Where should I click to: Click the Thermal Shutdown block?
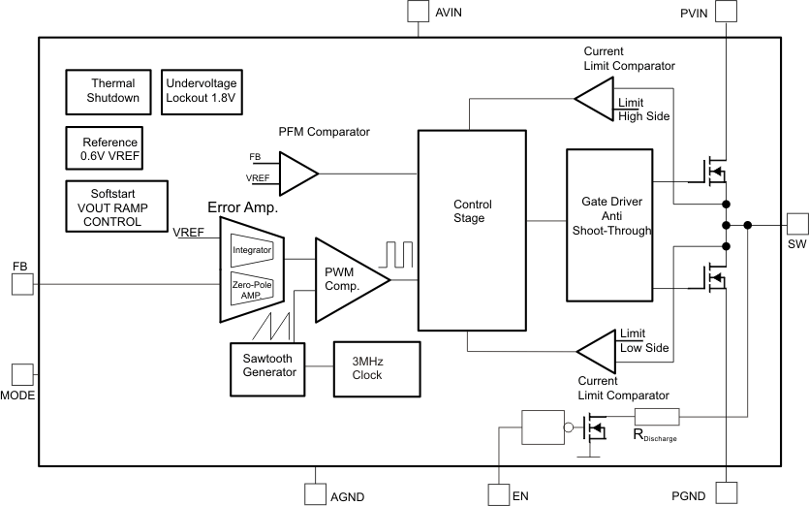(113, 91)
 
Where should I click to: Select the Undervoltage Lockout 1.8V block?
(201, 91)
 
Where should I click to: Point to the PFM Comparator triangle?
(296, 172)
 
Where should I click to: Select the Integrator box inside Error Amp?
(252, 250)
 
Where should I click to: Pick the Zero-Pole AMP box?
(252, 289)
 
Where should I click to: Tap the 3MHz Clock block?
(374, 368)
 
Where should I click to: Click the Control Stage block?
(473, 231)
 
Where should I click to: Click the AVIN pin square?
(418, 11)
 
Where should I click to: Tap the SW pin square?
(797, 224)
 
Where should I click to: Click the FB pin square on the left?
(21, 283)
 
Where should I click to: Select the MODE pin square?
(21, 374)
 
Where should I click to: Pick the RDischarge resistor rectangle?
(657, 417)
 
